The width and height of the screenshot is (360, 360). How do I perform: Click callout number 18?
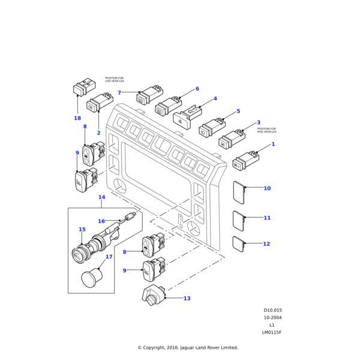pyautogui.click(x=77, y=118)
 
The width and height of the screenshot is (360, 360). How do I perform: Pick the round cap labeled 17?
pyautogui.click(x=91, y=278)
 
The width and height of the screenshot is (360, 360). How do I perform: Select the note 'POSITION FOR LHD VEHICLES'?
pyautogui.click(x=114, y=79)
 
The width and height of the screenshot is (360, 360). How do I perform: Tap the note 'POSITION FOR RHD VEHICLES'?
pyautogui.click(x=266, y=130)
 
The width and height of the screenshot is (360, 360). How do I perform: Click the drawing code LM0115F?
pyautogui.click(x=271, y=332)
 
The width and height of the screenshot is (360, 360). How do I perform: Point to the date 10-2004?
pyautogui.click(x=272, y=318)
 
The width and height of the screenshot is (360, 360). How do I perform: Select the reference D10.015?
pyautogui.click(x=272, y=311)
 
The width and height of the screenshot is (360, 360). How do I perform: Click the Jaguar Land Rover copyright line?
pyautogui.click(x=187, y=347)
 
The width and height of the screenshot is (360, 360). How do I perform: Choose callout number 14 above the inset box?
pyautogui.click(x=101, y=197)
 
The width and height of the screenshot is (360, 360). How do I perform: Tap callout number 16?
pyautogui.click(x=101, y=221)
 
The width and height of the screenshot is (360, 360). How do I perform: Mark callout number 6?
pyautogui.click(x=197, y=89)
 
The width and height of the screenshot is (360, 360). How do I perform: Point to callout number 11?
pyautogui.click(x=267, y=218)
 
